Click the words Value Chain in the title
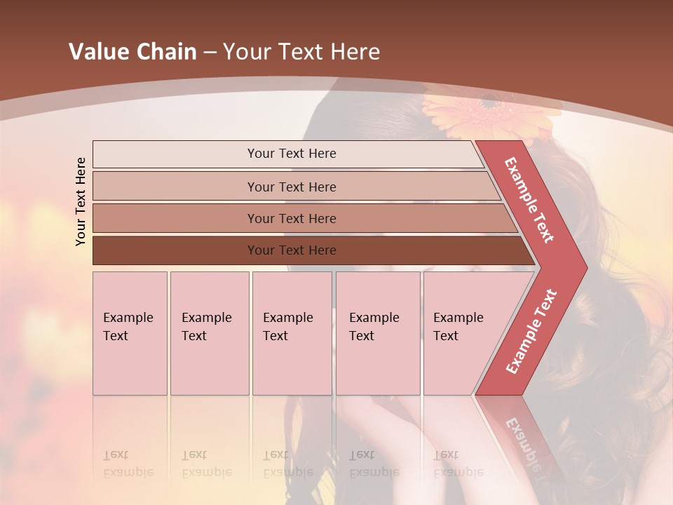(x=132, y=52)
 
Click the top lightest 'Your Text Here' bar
(x=291, y=154)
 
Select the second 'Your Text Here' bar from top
(x=291, y=187)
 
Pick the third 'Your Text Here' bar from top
(x=291, y=218)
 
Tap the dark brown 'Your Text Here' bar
(x=291, y=250)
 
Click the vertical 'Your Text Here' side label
(x=81, y=201)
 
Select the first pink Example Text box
(x=130, y=332)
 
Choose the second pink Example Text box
(x=209, y=332)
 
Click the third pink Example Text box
(x=292, y=332)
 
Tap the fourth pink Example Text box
(x=377, y=332)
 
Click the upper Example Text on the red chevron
(x=530, y=200)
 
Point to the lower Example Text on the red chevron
(x=531, y=331)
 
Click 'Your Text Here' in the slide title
(x=301, y=52)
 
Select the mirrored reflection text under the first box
(x=128, y=464)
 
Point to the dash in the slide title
(x=210, y=52)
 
